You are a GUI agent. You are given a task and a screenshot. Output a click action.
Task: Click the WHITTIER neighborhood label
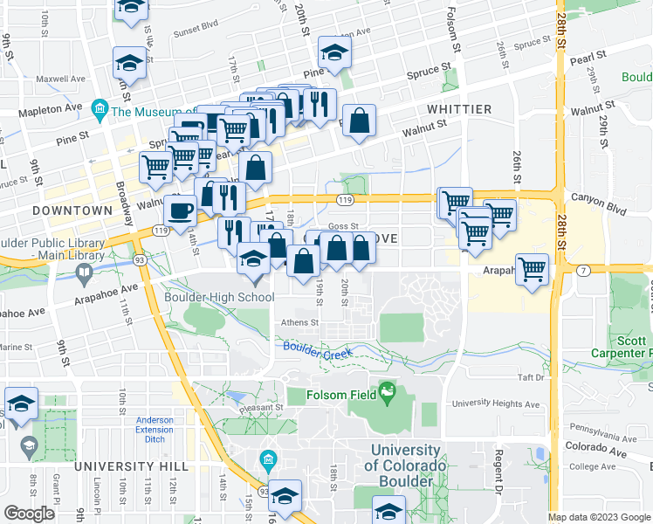pos(459,109)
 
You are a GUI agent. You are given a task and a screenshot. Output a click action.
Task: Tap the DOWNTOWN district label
pos(72,210)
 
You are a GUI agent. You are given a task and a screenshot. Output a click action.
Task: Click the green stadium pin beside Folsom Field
pos(386,395)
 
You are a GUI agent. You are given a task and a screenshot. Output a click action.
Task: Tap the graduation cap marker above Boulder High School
pos(253,259)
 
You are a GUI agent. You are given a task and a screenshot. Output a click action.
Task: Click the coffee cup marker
pos(181,211)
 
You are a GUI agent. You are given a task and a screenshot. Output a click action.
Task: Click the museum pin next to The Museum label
pos(99,111)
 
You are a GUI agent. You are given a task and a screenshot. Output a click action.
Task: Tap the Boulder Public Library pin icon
pos(84,273)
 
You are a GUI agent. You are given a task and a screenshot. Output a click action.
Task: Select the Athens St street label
pos(299,321)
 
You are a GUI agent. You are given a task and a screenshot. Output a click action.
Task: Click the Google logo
pos(30,514)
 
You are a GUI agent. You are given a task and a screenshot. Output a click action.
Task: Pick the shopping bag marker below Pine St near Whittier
pos(359,122)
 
